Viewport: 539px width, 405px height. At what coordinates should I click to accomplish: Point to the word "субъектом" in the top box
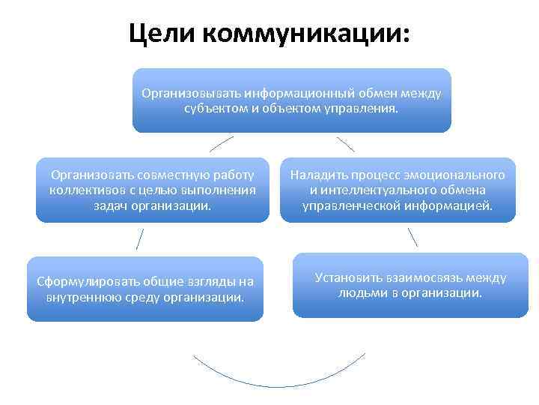[x=215, y=109]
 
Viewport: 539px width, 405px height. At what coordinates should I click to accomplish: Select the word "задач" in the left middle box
[x=111, y=205]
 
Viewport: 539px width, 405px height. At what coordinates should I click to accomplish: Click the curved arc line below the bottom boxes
[x=280, y=385]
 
